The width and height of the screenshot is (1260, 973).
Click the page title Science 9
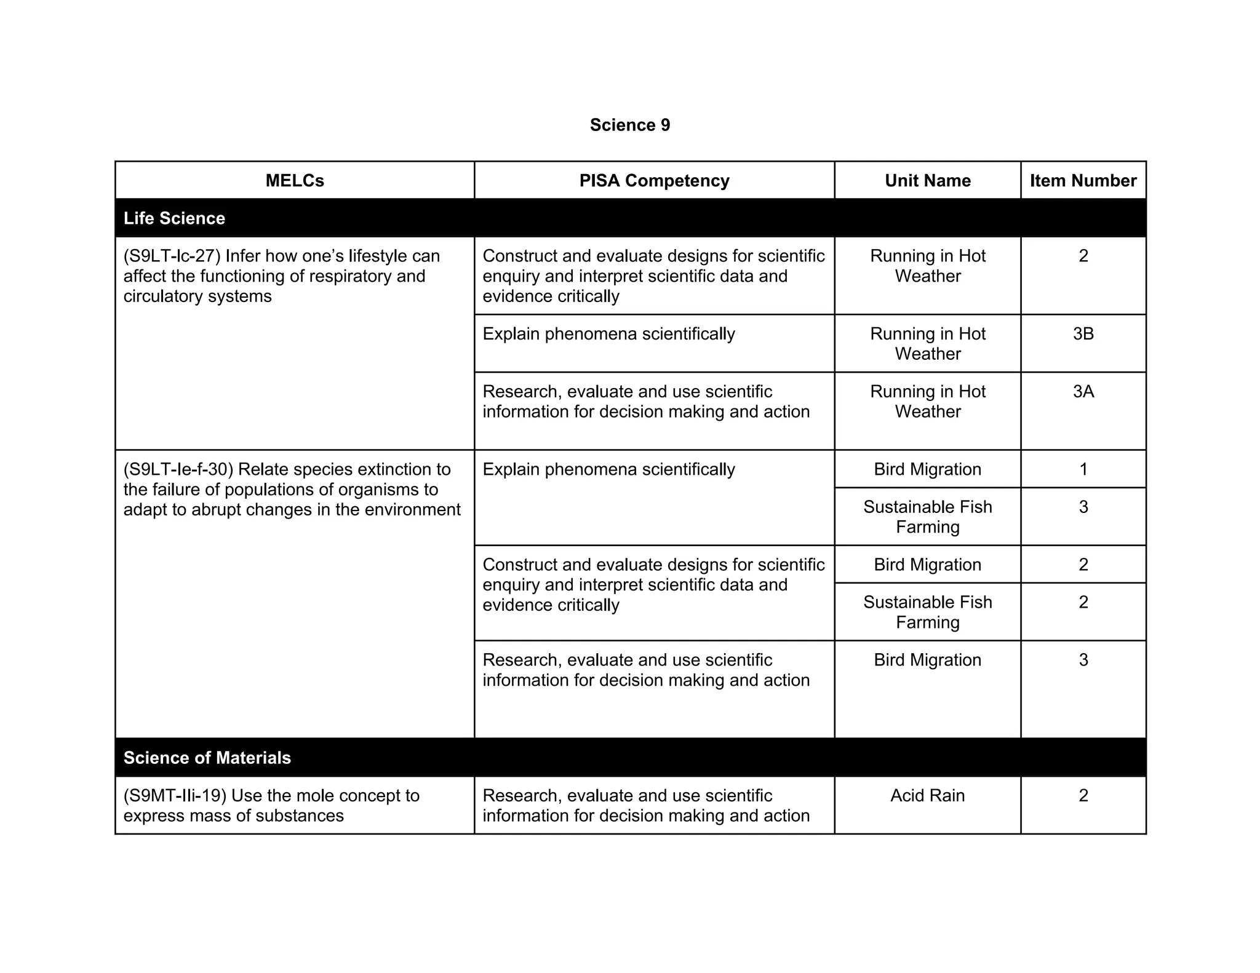(629, 125)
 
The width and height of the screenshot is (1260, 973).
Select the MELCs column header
(295, 180)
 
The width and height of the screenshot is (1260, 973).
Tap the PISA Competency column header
(654, 180)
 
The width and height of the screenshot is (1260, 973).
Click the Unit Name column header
(927, 180)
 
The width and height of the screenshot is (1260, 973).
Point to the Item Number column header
(1083, 180)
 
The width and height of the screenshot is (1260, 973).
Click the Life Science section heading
(174, 218)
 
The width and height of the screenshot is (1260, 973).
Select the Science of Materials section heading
(207, 757)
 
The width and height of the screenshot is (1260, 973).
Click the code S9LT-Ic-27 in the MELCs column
(172, 256)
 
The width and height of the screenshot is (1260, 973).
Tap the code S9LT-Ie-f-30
(178, 469)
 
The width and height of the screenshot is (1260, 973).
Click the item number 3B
(1083, 333)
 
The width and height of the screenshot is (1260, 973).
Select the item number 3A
(1083, 391)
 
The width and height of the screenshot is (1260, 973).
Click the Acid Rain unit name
(927, 795)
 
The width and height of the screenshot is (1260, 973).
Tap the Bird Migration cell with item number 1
(927, 469)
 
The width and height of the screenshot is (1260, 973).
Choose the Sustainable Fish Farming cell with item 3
(927, 517)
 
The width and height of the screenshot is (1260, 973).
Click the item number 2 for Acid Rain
(1083, 795)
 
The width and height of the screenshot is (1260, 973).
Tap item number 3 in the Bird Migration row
(1083, 660)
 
